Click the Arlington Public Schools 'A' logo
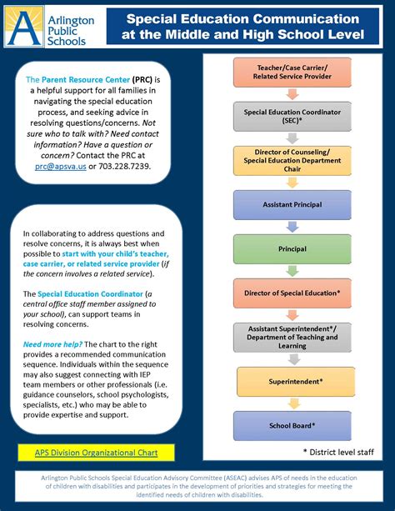(x=19, y=28)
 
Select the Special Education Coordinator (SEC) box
(x=288, y=114)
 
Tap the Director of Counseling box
(x=288, y=159)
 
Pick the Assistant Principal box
(x=288, y=204)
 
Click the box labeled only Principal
(x=288, y=248)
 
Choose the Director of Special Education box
(x=288, y=293)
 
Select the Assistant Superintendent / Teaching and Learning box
(x=288, y=337)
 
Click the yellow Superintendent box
(x=288, y=381)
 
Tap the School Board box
(x=288, y=425)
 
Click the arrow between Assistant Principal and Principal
(x=288, y=226)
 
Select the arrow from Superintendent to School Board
(x=288, y=403)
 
